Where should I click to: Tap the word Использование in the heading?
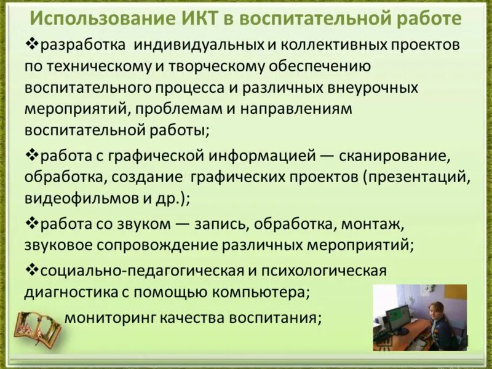105,18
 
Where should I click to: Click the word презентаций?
418,178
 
